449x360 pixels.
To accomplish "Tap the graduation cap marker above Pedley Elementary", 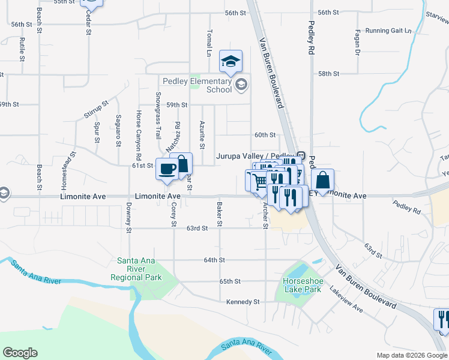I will click(x=231, y=61).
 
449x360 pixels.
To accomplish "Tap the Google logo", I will click(x=20, y=353).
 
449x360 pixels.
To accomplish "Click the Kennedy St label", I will click(x=243, y=302).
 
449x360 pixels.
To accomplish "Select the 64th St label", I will click(x=214, y=260).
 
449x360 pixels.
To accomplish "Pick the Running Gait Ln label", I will click(x=389, y=31).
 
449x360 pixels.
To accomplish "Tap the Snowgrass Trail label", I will click(x=158, y=116).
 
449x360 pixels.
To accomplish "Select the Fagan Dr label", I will click(x=357, y=43).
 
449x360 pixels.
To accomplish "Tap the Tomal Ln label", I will click(x=209, y=43).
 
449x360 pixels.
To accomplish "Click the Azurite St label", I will click(x=202, y=134).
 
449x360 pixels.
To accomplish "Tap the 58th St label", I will click(x=329, y=73).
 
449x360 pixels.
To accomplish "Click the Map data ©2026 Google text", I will click(x=411, y=355).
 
